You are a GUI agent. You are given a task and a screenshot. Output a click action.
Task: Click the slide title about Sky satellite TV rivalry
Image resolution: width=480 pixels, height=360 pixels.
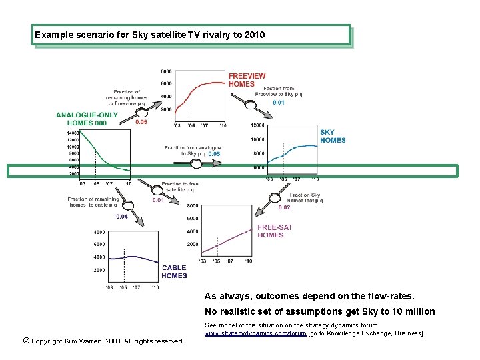pyautogui.click(x=150, y=34)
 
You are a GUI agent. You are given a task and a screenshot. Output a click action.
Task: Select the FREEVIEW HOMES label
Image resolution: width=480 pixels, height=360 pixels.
pyautogui.click(x=247, y=80)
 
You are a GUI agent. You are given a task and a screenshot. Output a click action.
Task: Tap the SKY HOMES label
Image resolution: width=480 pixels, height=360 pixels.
pyautogui.click(x=333, y=136)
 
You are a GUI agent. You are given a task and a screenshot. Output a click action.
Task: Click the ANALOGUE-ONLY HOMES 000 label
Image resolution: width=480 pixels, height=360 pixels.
pyautogui.click(x=87, y=119)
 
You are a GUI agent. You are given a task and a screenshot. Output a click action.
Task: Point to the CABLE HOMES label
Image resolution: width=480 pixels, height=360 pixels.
pyautogui.click(x=174, y=272)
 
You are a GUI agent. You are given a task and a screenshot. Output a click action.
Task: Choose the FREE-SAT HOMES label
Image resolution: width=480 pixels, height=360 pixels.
pyautogui.click(x=275, y=231)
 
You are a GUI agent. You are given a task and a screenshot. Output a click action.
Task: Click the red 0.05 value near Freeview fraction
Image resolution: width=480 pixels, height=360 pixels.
pyautogui.click(x=141, y=123)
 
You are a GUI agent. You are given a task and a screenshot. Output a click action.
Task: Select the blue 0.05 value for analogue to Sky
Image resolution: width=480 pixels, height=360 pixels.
pyautogui.click(x=214, y=154)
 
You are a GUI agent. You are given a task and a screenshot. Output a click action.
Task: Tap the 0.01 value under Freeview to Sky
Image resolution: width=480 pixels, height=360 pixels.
pyautogui.click(x=279, y=103)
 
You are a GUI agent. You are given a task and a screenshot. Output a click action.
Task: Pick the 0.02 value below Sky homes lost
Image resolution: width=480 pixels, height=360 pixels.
pyautogui.click(x=284, y=207)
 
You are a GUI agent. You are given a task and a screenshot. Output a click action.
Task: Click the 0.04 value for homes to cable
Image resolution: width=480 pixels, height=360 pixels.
pyautogui.click(x=122, y=217)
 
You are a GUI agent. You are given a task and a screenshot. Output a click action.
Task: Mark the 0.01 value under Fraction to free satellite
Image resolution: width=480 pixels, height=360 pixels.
pyautogui.click(x=158, y=200)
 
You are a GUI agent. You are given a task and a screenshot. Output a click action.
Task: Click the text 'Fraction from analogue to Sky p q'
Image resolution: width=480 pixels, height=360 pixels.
pyautogui.click(x=192, y=151)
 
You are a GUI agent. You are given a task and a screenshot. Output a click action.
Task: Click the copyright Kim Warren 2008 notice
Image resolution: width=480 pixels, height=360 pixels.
pyautogui.click(x=103, y=341)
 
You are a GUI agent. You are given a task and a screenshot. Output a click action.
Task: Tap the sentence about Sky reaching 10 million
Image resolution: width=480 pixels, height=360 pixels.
pyautogui.click(x=319, y=311)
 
